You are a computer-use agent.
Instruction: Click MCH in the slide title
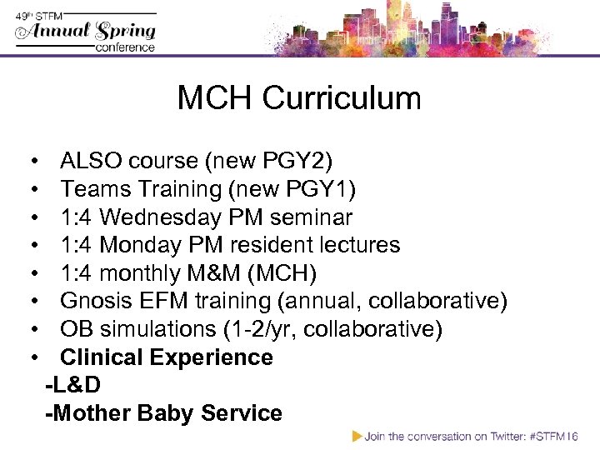(214, 98)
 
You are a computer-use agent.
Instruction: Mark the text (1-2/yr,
(260, 329)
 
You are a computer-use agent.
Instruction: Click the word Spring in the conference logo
(123, 32)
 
